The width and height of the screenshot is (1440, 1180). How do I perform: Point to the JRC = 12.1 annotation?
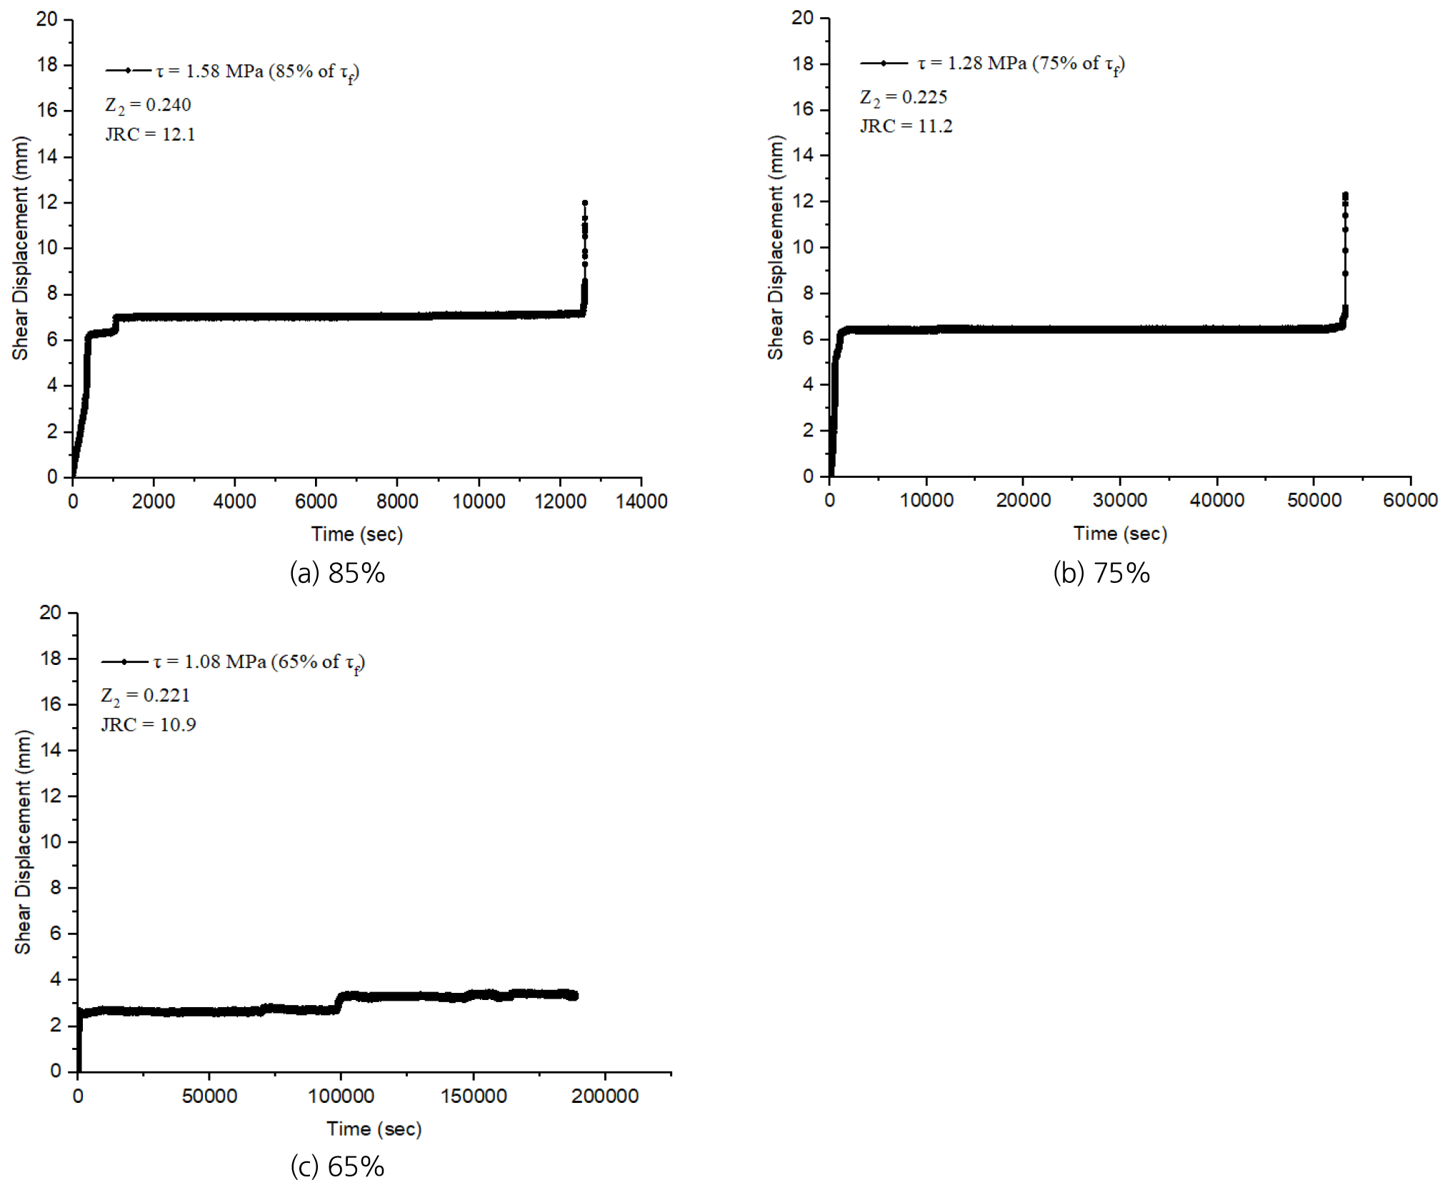(150, 134)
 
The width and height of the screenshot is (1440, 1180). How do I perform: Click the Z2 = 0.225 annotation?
(904, 97)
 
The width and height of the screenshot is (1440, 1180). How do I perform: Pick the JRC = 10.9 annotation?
(149, 725)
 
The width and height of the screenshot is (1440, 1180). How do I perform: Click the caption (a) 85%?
(337, 573)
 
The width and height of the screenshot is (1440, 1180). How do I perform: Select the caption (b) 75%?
(1101, 573)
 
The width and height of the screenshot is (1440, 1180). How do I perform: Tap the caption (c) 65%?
(337, 1166)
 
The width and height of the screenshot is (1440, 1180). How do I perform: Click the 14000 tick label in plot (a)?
(641, 501)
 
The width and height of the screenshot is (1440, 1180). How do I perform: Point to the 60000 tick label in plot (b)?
(1410, 500)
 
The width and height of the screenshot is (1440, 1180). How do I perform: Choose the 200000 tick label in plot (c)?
(605, 1096)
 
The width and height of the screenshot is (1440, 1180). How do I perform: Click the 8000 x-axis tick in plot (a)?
(397, 501)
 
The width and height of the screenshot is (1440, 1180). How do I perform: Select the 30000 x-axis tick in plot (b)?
(1120, 500)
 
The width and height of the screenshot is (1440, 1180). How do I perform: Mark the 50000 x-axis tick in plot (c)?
(209, 1096)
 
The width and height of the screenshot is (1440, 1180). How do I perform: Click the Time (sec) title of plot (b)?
(1120, 534)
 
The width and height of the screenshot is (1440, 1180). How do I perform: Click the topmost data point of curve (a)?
(585, 203)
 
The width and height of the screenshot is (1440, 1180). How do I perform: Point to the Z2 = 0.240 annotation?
(148, 105)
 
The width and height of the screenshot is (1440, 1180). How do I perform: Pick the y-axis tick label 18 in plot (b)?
(803, 64)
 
